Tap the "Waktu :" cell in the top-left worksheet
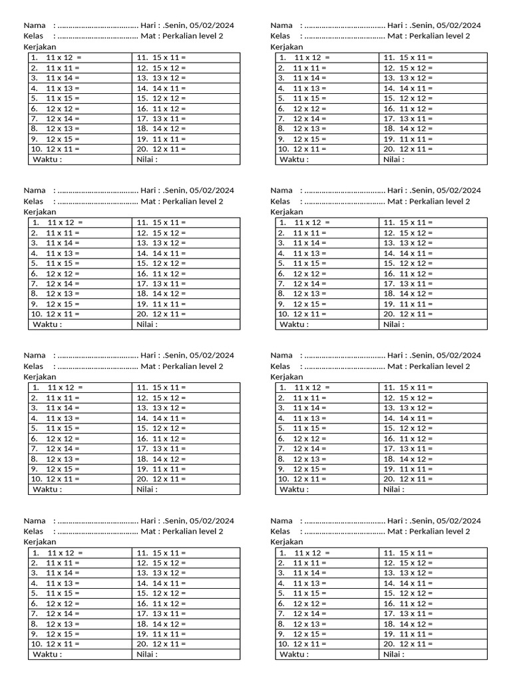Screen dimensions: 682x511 (x=48, y=159)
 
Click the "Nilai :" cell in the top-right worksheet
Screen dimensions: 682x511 (x=394, y=159)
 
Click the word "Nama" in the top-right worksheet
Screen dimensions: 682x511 (x=281, y=25)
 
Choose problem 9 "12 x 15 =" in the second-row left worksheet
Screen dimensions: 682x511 (x=63, y=304)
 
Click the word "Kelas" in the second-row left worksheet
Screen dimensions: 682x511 (x=34, y=201)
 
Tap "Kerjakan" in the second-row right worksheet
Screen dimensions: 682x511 (x=287, y=212)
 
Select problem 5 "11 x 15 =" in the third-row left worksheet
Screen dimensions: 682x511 (x=63, y=428)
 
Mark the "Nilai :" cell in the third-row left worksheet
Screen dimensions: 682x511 (x=147, y=490)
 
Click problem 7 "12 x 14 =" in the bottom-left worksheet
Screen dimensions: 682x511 (x=63, y=613)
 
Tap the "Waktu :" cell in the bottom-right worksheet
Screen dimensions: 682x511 (x=295, y=655)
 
